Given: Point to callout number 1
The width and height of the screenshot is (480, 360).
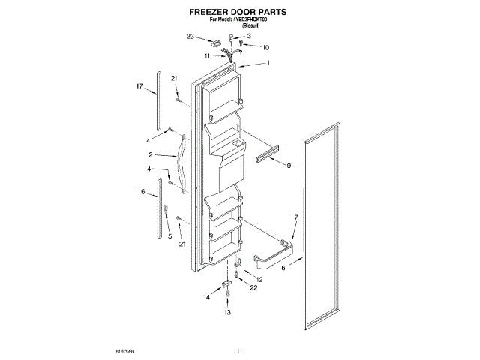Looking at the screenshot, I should coord(268,63).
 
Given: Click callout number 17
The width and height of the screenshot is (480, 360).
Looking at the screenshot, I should coord(139,87).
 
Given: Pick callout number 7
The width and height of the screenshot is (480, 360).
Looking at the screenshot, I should coord(295,217).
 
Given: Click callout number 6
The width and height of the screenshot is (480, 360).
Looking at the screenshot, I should coord(283,266).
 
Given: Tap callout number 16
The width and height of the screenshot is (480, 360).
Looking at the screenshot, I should coord(140,192).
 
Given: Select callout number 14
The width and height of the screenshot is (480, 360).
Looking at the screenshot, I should coord(207,297).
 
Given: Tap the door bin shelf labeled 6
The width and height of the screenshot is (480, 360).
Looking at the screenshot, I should coord(271,254).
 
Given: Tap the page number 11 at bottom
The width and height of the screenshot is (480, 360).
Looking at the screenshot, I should coord(239,350).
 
